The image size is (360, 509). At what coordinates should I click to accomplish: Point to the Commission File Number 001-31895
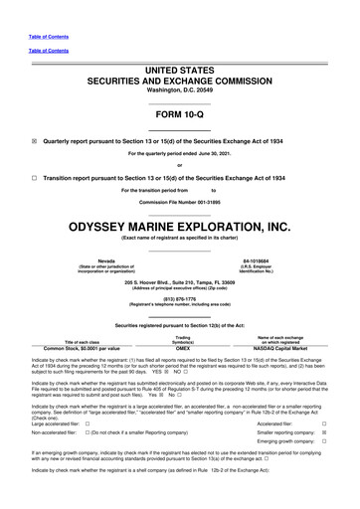tap(180, 202)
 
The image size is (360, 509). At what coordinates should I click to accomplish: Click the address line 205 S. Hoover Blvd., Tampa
tap(180, 279)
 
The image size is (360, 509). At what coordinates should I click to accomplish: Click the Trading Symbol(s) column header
tap(182, 339)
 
